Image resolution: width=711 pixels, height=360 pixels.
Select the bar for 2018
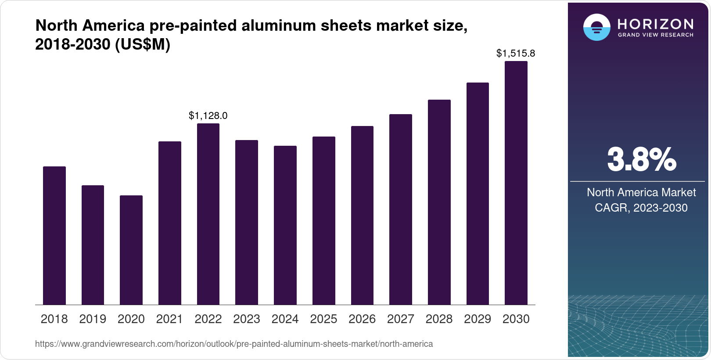pos(54,235)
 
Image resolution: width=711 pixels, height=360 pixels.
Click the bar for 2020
pos(131,250)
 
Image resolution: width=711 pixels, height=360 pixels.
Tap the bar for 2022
pos(208,214)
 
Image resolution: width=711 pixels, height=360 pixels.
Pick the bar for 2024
pos(285,225)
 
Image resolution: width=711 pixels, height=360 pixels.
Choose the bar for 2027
pos(401,209)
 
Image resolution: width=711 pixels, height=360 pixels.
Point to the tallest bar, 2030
pos(516,183)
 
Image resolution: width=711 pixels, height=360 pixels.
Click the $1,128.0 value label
pos(208,115)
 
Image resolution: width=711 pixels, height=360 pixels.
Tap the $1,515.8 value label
pos(516,53)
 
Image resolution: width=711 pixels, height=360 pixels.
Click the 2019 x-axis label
pos(93,319)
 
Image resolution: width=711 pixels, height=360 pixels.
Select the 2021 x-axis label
pos(169,319)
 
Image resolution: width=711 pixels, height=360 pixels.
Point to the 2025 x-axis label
pos(323,319)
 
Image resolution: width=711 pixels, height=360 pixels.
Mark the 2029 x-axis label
pos(478,319)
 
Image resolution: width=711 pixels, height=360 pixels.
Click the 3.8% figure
pos(642,159)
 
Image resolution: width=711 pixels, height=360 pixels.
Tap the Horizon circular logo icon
pos(596,27)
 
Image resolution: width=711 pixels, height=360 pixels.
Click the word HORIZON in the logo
pos(656,24)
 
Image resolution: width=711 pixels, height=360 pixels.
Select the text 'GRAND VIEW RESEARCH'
pos(656,35)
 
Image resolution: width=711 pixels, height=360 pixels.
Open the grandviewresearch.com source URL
pos(234,344)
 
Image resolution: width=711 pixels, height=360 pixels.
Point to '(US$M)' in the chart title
pos(143,44)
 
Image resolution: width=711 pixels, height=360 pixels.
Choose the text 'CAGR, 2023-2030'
pos(641,208)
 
